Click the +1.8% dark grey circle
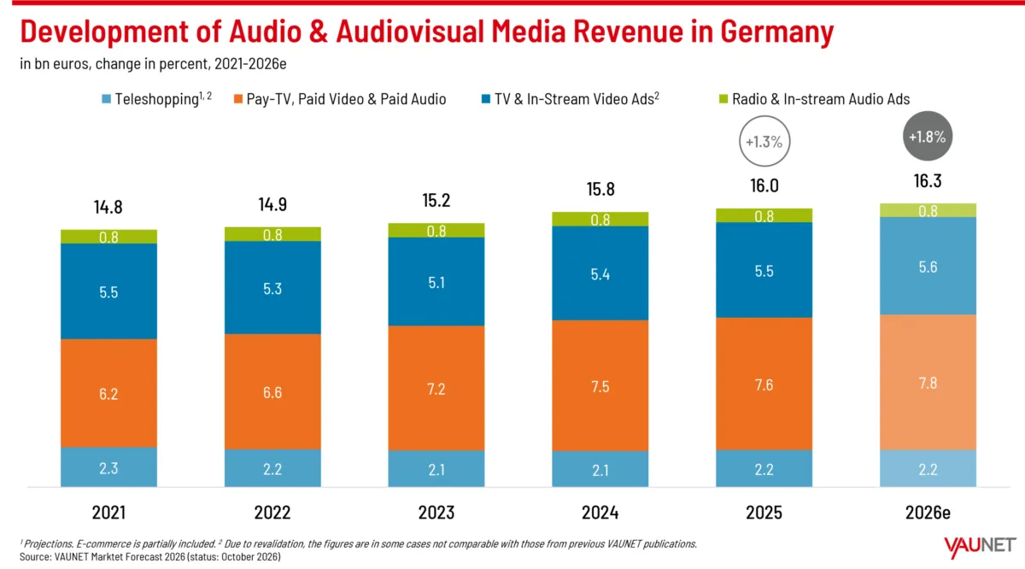tap(927, 136)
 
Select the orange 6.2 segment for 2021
tap(109, 393)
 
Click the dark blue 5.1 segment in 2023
tap(436, 282)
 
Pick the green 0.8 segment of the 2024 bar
tap(600, 220)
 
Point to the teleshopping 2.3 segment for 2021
tap(109, 467)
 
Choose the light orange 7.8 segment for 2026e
tap(928, 382)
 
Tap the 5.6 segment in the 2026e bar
tap(928, 266)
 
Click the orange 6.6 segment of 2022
tap(272, 391)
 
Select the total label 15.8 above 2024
tap(600, 189)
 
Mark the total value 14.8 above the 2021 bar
tap(108, 207)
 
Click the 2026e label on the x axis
tap(928, 513)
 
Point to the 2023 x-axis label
tap(436, 513)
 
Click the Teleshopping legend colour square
tap(106, 99)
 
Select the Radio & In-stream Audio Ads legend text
tap(821, 99)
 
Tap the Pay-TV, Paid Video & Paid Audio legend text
tap(347, 99)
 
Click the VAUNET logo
tap(980, 547)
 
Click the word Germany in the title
tap(777, 32)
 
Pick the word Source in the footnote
tap(35, 557)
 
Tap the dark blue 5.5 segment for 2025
tap(764, 270)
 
